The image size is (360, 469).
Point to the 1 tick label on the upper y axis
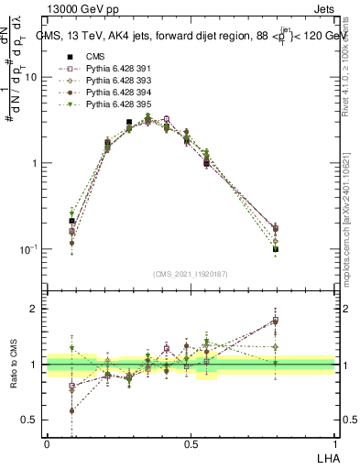tap(35, 163)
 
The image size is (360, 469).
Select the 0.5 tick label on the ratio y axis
tap(30, 420)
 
